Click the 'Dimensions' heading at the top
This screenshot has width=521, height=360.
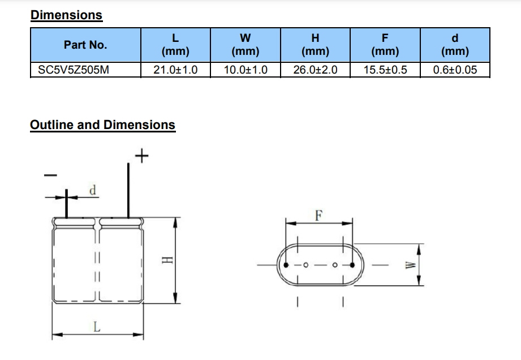(66, 15)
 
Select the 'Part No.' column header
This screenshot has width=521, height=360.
(85, 45)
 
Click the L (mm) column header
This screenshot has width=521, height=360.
(175, 45)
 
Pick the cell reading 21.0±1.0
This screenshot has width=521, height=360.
(175, 71)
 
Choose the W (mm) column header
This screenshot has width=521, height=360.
(246, 45)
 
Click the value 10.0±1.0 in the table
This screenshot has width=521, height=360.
(246, 71)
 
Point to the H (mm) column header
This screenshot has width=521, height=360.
(316, 45)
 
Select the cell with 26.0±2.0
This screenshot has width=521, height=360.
(316, 71)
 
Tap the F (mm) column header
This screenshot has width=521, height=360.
(385, 45)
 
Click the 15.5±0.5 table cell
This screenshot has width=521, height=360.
(385, 71)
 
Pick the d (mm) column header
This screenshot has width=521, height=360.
(455, 45)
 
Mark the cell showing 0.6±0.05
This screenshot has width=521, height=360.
(455, 71)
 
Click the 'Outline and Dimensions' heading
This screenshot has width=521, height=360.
(102, 125)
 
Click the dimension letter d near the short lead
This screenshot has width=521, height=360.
(92, 190)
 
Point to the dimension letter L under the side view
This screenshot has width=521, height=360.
(97, 327)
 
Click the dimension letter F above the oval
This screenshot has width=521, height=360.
(318, 215)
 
